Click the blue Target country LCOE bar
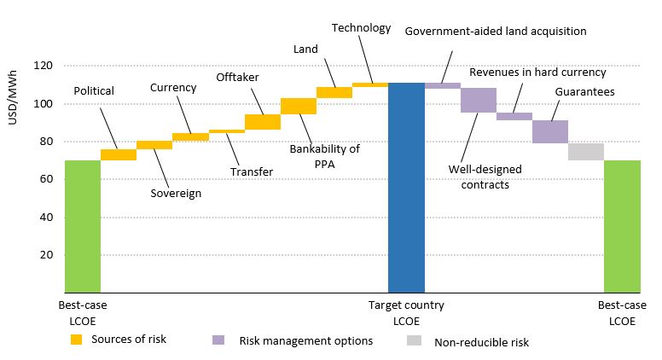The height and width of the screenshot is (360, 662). point(406,188)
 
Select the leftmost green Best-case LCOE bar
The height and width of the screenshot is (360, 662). point(83,226)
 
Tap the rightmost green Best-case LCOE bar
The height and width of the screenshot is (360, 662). point(622,226)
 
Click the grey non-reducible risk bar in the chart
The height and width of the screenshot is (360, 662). point(586,152)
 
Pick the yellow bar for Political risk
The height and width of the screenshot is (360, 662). point(119,154)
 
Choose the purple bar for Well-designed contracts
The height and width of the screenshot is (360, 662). point(479,100)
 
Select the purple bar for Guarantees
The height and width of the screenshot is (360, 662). point(550,131)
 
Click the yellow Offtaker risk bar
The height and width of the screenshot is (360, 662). point(263,122)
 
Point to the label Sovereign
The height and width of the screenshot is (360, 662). point(175,194)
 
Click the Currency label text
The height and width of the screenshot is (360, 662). point(173,87)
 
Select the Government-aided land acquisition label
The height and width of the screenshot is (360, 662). point(495,31)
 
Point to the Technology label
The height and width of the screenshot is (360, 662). point(361,27)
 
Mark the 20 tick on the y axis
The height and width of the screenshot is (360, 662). point(46,255)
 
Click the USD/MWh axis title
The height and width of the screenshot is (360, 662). point(13,106)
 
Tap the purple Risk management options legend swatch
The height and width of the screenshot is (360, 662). point(218,340)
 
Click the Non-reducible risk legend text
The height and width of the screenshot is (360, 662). point(481,342)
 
